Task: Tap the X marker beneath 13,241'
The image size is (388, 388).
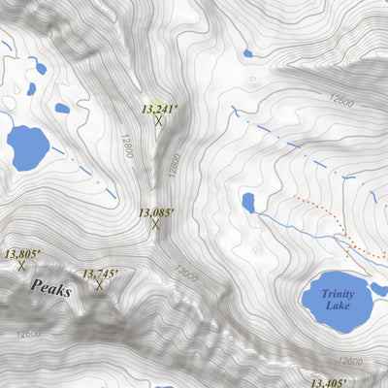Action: (x=158, y=121)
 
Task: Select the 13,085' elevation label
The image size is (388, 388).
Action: (x=155, y=211)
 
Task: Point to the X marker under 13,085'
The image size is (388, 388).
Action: (x=155, y=224)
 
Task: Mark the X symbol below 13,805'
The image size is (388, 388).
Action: (x=20, y=265)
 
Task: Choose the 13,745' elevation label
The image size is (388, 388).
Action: (x=99, y=275)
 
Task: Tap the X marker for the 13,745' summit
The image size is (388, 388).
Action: (x=99, y=285)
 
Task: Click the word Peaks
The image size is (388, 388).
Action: (x=50, y=288)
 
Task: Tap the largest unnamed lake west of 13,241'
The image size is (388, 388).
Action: (x=27, y=146)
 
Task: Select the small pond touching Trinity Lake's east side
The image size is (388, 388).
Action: (x=377, y=289)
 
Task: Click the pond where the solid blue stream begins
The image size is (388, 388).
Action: (x=248, y=202)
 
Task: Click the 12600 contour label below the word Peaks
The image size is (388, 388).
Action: (x=29, y=335)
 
